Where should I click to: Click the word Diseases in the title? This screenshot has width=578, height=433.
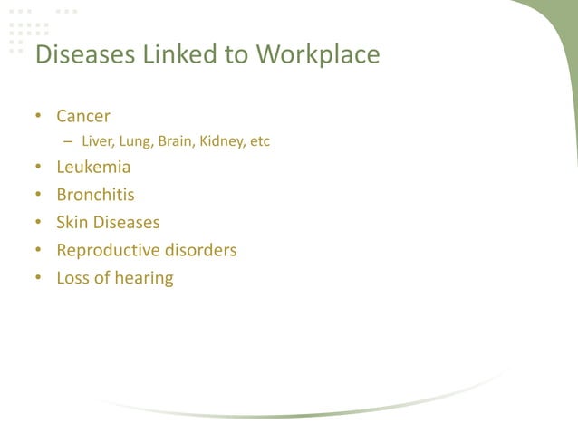click(83, 55)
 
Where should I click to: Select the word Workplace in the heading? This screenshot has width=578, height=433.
click(317, 55)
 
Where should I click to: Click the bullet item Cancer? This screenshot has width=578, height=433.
click(83, 116)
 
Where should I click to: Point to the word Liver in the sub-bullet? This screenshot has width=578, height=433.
click(96, 141)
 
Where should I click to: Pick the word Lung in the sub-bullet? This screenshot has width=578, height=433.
click(133, 141)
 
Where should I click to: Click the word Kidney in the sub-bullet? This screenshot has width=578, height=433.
click(220, 141)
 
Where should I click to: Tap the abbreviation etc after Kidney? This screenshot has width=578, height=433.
click(260, 141)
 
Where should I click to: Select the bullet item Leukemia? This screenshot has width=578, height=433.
click(93, 168)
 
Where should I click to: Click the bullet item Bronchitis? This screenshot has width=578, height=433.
click(95, 195)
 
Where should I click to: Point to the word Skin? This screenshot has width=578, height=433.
click(72, 222)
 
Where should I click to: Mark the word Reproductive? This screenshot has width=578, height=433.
click(108, 250)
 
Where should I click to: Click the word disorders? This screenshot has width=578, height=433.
click(200, 250)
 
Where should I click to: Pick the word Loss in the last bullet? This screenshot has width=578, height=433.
click(73, 277)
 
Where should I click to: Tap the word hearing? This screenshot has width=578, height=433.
click(143, 278)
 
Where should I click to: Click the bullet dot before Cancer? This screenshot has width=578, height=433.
click(38, 117)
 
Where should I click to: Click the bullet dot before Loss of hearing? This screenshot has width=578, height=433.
click(38, 278)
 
